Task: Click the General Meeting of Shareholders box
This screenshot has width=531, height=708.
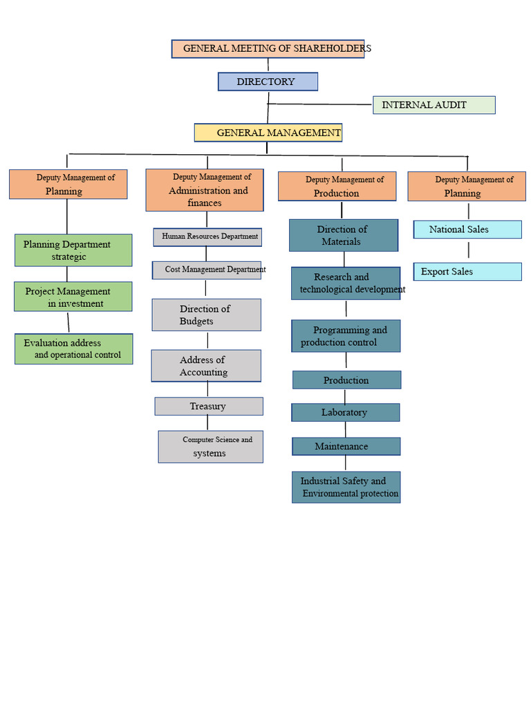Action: click(x=268, y=48)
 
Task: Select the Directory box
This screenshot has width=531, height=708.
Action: click(x=268, y=82)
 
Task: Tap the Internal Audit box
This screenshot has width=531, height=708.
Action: click(x=434, y=105)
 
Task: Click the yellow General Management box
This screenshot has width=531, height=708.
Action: click(x=268, y=132)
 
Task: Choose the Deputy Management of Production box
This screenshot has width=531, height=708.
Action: click(x=337, y=187)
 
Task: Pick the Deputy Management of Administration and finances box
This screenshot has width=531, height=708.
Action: click(x=204, y=190)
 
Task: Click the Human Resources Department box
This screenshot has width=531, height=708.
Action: click(x=207, y=237)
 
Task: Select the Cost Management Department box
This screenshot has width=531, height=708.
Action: click(x=207, y=270)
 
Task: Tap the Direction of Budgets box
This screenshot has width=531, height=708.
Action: click(x=206, y=315)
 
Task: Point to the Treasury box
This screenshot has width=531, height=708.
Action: click(x=208, y=407)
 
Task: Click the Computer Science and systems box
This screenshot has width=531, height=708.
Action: click(x=210, y=447)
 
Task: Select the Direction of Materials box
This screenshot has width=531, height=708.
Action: click(x=343, y=235)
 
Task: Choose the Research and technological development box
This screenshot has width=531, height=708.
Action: click(x=345, y=283)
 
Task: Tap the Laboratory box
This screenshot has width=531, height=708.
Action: click(x=345, y=413)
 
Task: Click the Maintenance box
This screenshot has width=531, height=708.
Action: click(x=346, y=447)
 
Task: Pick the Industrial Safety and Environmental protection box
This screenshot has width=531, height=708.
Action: click(x=346, y=487)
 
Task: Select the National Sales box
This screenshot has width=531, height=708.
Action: click(x=467, y=230)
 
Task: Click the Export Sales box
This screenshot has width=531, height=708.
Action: click(x=467, y=272)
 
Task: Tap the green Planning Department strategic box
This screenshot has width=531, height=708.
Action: click(x=73, y=250)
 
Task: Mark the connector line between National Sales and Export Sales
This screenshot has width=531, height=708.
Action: click(x=468, y=250)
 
